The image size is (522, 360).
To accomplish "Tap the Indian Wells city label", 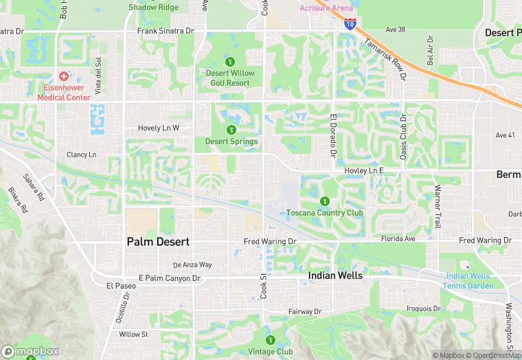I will pos(335,275).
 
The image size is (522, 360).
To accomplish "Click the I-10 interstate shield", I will pos(350,23).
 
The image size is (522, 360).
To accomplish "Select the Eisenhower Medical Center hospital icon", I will pos(63,76).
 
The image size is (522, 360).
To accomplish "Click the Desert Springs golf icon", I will pos(231,129).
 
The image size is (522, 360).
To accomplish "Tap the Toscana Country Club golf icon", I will pos(325,201).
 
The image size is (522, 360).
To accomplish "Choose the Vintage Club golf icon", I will pos(270,339).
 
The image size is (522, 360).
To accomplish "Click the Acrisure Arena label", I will pos(327,8).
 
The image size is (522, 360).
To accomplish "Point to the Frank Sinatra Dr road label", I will pos(166,31).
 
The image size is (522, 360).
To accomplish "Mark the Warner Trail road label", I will pos(436,206).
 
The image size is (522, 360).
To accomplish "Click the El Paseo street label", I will pos(118,285).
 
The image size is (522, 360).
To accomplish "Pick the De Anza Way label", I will pos(192,265).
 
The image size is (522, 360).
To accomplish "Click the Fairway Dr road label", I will pos(304,312).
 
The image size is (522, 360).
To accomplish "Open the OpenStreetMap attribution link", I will pos(492,355).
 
